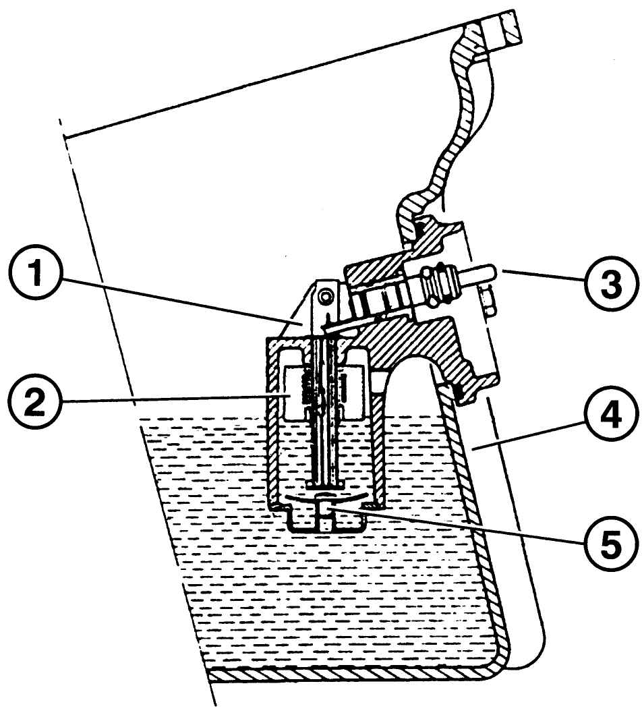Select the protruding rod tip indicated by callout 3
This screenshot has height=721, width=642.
tap(486, 272)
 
